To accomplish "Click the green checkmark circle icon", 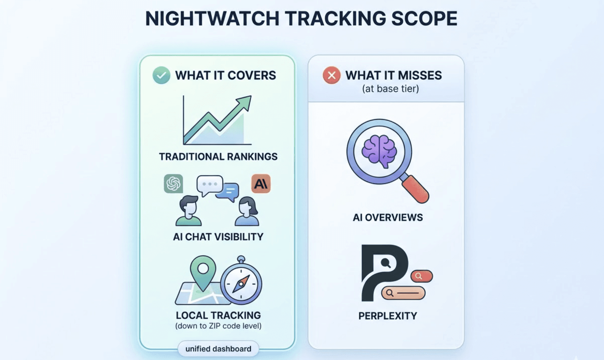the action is pos(161,75).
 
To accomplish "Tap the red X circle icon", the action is pos(331,75).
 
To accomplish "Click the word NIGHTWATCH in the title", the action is pos(212,19).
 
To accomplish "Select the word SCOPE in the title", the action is pos(424,19).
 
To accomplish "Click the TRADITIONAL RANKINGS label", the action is pos(218,156).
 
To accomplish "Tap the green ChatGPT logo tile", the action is pos(173,183).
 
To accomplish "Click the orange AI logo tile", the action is pos(261,183).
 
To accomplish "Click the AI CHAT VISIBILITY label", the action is pos(218,237).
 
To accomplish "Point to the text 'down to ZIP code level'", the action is pos(218,326).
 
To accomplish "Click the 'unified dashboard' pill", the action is pos(218,349).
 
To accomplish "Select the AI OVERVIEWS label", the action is pos(388,218).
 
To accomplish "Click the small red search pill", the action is pos(421,276).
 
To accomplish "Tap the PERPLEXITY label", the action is pos(388,316).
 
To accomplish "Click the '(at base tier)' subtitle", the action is pos(390,89).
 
